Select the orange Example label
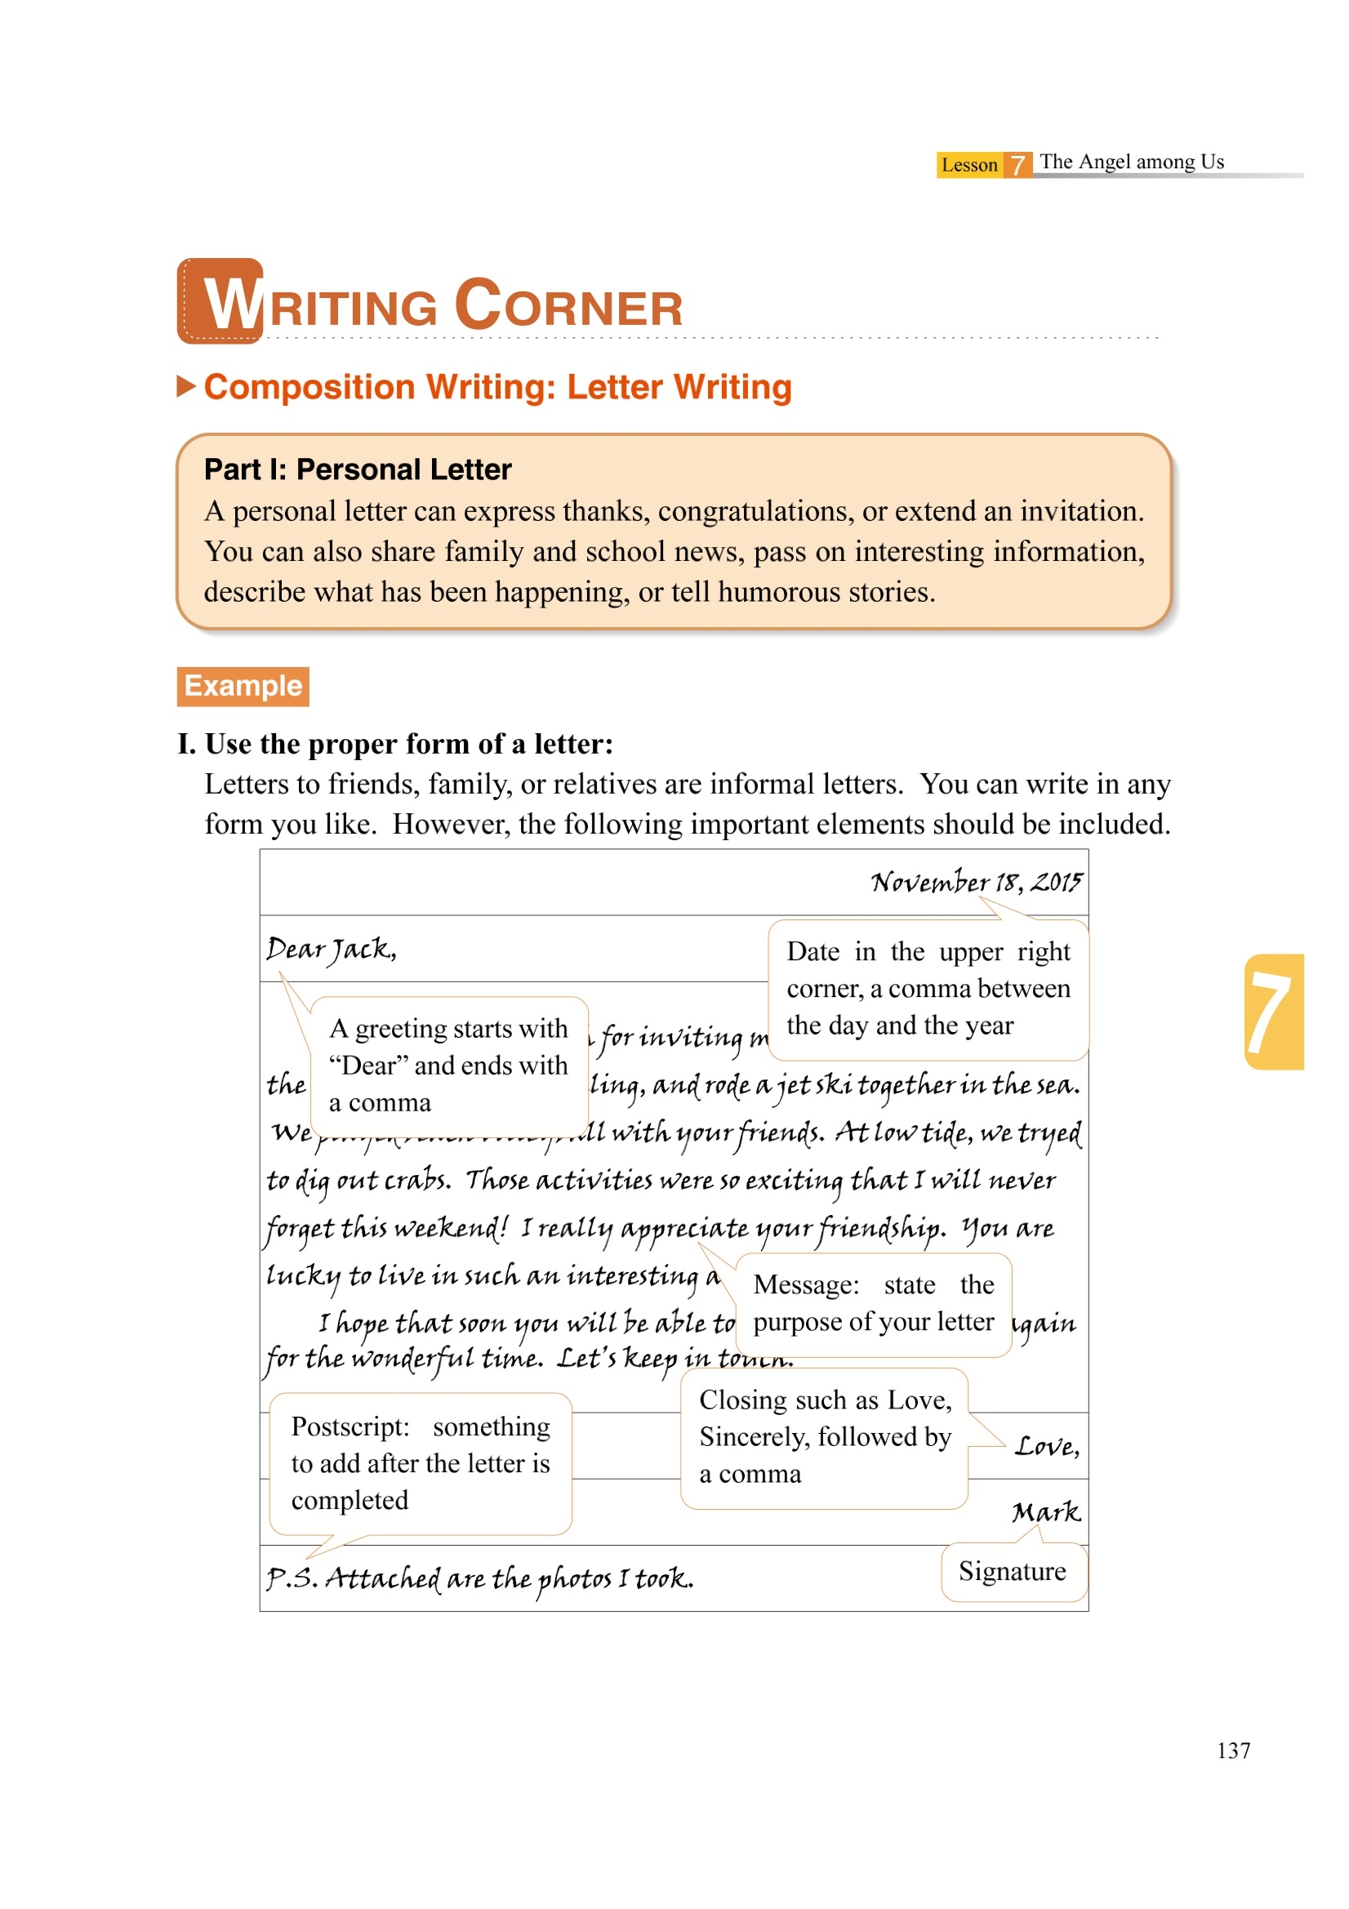pyautogui.click(x=243, y=686)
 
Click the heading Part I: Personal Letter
pyautogui.click(x=358, y=469)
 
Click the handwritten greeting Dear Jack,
pyautogui.click(x=331, y=949)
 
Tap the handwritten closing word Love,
pyautogui.click(x=1046, y=1447)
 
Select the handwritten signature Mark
pyautogui.click(x=1045, y=1511)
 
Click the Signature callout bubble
pyautogui.click(x=1013, y=1572)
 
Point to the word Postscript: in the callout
pyautogui.click(x=350, y=1426)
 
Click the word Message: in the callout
pyautogui.click(x=806, y=1285)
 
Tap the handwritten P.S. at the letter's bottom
pyautogui.click(x=291, y=1578)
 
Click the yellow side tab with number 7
pyautogui.click(x=1272, y=1011)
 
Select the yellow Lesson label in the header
pyautogui.click(x=969, y=165)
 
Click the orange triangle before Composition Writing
pyautogui.click(x=186, y=387)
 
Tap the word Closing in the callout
pyautogui.click(x=743, y=1400)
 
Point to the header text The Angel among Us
pyautogui.click(x=1131, y=162)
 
